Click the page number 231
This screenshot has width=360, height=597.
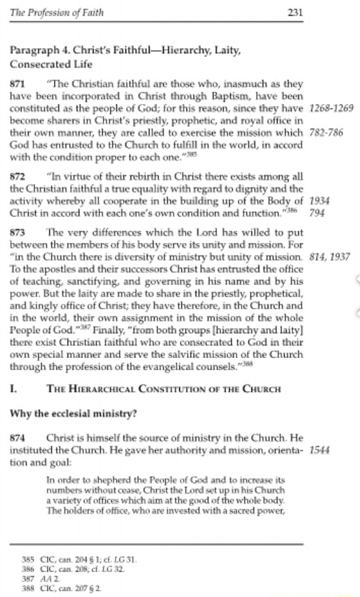click(x=293, y=12)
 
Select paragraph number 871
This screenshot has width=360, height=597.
click(x=16, y=84)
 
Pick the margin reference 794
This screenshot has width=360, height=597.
click(x=317, y=213)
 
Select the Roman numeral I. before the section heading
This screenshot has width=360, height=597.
click(x=12, y=388)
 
